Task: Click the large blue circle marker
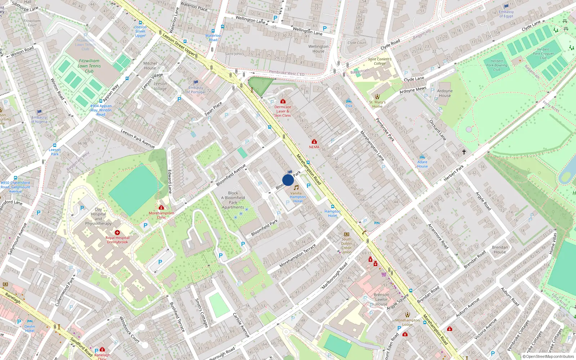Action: tap(288, 180)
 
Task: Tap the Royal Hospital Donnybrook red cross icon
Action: tap(117, 233)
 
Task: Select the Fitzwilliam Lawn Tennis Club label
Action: tap(89, 66)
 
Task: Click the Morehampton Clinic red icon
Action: tap(161, 208)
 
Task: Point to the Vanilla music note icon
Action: tap(296, 188)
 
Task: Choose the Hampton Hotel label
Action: tap(332, 213)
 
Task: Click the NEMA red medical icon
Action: tap(314, 141)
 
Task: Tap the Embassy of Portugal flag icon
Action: tap(196, 82)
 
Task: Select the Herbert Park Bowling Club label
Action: tap(496, 65)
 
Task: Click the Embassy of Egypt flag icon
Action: tap(506, 6)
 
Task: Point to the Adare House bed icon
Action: tap(422, 157)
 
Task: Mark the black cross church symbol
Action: tap(464, 152)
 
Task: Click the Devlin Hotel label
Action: tap(30, 328)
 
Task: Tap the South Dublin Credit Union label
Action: tap(346, 246)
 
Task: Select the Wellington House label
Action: tap(318, 49)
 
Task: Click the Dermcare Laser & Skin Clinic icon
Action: tap(283, 102)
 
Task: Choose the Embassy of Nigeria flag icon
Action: tap(39, 112)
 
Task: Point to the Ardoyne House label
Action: tap(445, 93)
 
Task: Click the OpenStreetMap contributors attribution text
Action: tap(548, 357)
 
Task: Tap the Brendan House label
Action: tap(500, 249)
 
